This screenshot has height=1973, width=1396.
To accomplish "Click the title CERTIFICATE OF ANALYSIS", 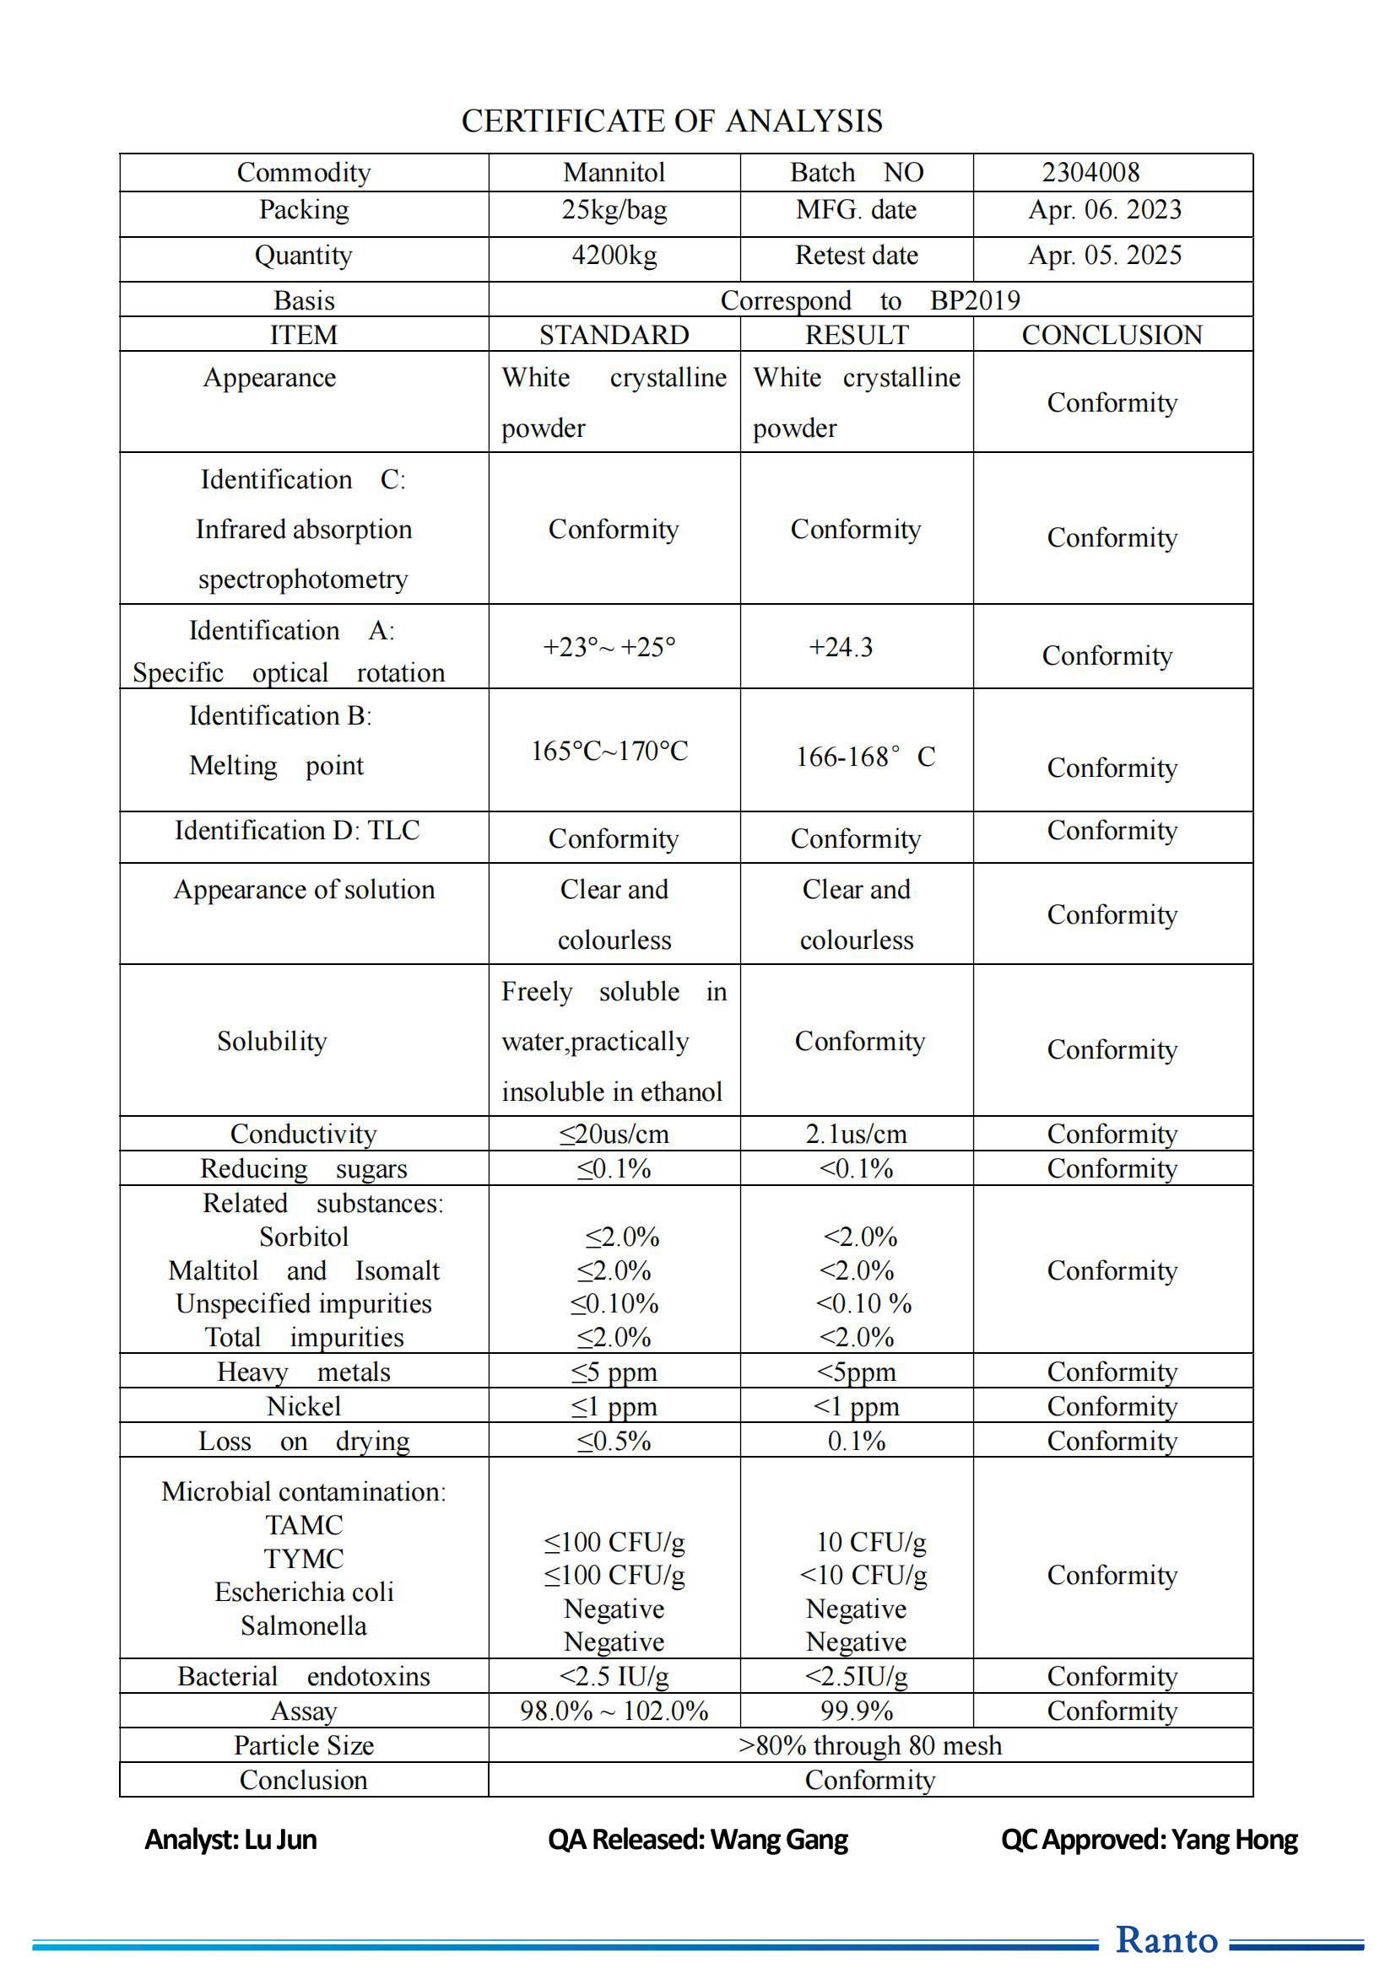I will [671, 121].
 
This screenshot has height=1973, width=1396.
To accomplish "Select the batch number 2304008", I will [1090, 173].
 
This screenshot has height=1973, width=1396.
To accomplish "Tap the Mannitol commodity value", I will [614, 173].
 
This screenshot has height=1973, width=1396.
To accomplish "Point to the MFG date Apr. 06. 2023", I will [1105, 210].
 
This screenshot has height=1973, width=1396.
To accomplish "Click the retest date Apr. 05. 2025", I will [1105, 256].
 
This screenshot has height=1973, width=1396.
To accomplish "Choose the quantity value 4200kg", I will [614, 256].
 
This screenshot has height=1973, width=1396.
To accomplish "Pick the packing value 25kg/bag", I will [614, 210].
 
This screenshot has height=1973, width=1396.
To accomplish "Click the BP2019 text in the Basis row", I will [975, 301].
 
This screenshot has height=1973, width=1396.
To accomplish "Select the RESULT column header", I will [856, 335].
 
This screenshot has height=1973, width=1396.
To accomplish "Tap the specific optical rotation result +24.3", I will [840, 647].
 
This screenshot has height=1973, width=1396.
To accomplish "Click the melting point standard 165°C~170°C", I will [609, 751].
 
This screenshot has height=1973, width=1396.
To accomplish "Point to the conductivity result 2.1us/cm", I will [856, 1135].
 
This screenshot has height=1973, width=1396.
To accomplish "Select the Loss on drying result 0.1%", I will [856, 1441].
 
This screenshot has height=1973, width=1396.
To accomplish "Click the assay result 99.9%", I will [856, 1711].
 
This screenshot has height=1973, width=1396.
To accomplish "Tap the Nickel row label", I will [304, 1407].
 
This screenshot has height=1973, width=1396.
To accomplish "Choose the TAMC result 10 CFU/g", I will [871, 1543].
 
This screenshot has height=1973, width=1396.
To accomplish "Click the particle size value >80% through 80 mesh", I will [870, 1745].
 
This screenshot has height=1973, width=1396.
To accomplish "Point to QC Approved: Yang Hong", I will [1150, 1839].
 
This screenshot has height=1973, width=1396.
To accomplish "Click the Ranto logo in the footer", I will [1166, 1939].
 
